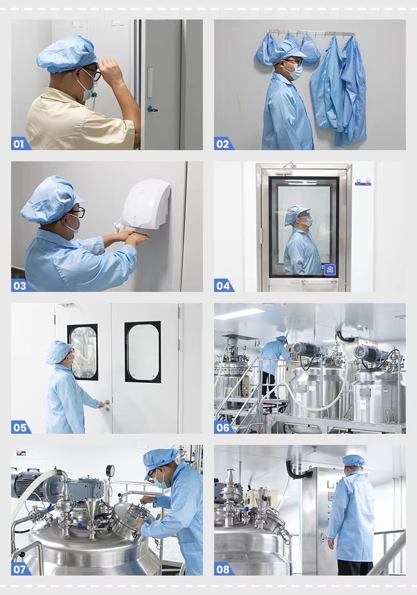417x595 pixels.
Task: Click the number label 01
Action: [x=19, y=144]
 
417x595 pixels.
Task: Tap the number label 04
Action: [x=223, y=286]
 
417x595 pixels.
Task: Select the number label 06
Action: [x=223, y=427]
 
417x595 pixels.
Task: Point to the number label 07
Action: [x=19, y=569]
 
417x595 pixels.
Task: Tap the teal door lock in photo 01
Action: [x=150, y=109]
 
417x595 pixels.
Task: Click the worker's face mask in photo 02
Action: [x=296, y=71]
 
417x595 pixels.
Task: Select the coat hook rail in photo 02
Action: [x=311, y=32]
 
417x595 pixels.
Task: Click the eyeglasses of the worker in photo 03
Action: [x=78, y=211]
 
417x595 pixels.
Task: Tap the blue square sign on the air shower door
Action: [x=330, y=270]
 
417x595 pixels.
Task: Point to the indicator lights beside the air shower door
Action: [x=363, y=181]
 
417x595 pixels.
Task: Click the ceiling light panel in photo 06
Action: [x=239, y=314]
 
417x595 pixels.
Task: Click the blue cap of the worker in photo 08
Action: [x=354, y=460]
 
